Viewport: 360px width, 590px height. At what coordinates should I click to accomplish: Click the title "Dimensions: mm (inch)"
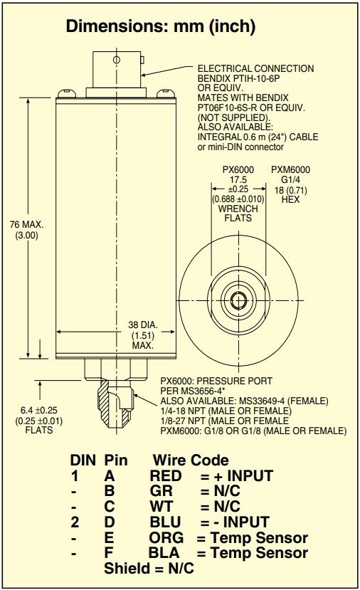tap(161, 26)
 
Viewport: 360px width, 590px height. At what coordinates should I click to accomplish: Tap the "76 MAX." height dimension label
tap(26, 225)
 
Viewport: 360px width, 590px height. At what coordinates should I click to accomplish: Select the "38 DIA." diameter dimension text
tap(143, 325)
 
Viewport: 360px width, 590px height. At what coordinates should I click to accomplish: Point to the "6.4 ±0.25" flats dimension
tap(38, 411)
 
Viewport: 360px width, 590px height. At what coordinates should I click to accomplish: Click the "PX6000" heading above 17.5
tap(238, 169)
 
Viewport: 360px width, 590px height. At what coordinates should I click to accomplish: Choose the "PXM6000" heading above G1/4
tap(290, 169)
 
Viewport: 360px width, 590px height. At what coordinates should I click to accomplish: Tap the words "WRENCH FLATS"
tap(238, 214)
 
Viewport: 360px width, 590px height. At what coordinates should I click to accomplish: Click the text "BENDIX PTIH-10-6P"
tap(239, 78)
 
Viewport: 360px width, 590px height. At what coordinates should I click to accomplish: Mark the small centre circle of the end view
tap(238, 300)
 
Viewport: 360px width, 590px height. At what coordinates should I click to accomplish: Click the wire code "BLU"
tap(165, 522)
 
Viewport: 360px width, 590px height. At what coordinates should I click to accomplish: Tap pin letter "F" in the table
tap(109, 553)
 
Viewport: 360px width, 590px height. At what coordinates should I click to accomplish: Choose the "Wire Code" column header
tap(191, 460)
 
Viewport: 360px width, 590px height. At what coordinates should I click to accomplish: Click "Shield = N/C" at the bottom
tap(149, 569)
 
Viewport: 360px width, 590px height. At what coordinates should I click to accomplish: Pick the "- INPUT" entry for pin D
tap(245, 522)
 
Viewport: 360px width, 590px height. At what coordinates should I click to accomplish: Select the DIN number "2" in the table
tap(75, 522)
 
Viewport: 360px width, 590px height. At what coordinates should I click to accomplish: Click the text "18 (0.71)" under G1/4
tap(290, 190)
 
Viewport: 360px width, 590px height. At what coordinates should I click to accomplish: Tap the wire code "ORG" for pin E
tap(166, 538)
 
